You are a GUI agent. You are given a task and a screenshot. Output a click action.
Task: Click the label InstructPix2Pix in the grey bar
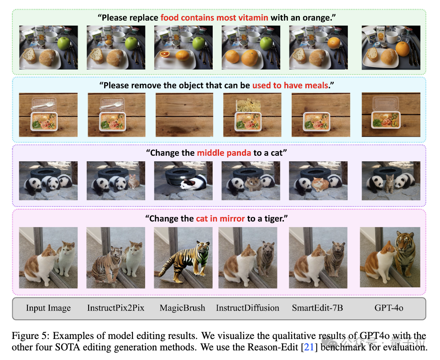[115, 308]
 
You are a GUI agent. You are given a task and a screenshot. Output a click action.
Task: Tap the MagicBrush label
[183, 308]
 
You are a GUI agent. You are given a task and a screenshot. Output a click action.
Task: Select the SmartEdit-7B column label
[317, 308]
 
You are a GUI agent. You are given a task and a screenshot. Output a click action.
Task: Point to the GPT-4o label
[389, 308]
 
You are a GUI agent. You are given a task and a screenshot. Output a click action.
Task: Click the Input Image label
[48, 308]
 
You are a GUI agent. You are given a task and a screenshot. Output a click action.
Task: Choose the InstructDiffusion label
[247, 308]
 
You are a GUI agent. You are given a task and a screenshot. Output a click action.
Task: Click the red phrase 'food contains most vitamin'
[215, 18]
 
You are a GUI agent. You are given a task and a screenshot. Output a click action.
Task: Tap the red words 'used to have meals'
[290, 85]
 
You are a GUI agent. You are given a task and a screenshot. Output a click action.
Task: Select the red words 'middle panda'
[224, 153]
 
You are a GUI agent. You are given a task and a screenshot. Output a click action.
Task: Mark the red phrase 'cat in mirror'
[220, 218]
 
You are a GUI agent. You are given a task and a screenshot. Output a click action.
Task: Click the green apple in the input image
[63, 43]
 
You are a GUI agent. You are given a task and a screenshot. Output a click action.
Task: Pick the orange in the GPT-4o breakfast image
[403, 48]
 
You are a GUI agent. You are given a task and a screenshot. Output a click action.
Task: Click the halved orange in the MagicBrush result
[165, 54]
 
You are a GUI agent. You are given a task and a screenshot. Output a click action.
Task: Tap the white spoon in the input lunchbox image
[43, 106]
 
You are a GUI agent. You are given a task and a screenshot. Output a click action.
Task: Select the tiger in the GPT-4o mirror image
[404, 255]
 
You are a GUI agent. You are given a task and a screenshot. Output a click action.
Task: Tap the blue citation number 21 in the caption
[309, 347]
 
